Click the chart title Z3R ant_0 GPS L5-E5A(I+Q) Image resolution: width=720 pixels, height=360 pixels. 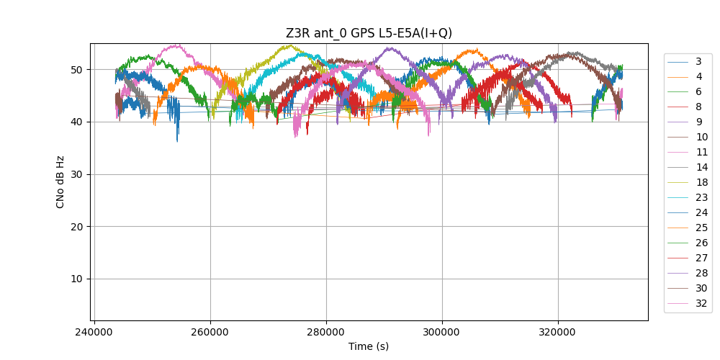click(369, 33)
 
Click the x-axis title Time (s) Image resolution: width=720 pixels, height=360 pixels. click(369, 346)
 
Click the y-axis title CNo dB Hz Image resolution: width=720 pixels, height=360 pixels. click(60, 182)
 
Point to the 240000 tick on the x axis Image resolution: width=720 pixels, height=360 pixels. click(94, 333)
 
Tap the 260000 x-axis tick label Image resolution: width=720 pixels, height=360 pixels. click(210, 333)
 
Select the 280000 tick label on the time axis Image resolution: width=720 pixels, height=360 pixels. click(326, 333)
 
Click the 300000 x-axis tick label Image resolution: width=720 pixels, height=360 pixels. click(442, 333)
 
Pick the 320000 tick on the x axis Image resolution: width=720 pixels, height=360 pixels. click(558, 333)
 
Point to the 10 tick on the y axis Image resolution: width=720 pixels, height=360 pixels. click(78, 279)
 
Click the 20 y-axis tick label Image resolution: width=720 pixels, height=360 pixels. click(78, 226)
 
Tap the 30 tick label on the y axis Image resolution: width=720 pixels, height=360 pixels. click(78, 174)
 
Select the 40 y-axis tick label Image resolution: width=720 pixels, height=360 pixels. click(78, 122)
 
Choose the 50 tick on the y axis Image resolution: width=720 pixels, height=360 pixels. click(78, 70)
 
